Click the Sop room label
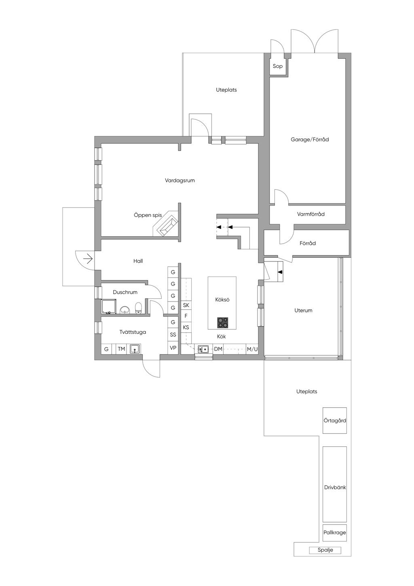coord(278,66)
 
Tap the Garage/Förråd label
coord(310,140)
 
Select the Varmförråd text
coord(310,214)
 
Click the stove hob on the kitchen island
coord(222,323)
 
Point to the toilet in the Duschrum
coord(138,308)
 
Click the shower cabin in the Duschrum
coord(108,307)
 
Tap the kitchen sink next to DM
coord(203,349)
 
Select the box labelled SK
coord(186,305)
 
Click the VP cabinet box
coord(173,348)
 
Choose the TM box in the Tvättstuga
coord(121,349)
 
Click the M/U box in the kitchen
coord(252,349)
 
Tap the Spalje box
coord(325,550)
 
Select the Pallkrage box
coord(335,533)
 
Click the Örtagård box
coord(335,420)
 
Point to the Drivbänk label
coord(335,488)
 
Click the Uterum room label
coord(303,310)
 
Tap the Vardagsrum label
coord(180,180)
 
